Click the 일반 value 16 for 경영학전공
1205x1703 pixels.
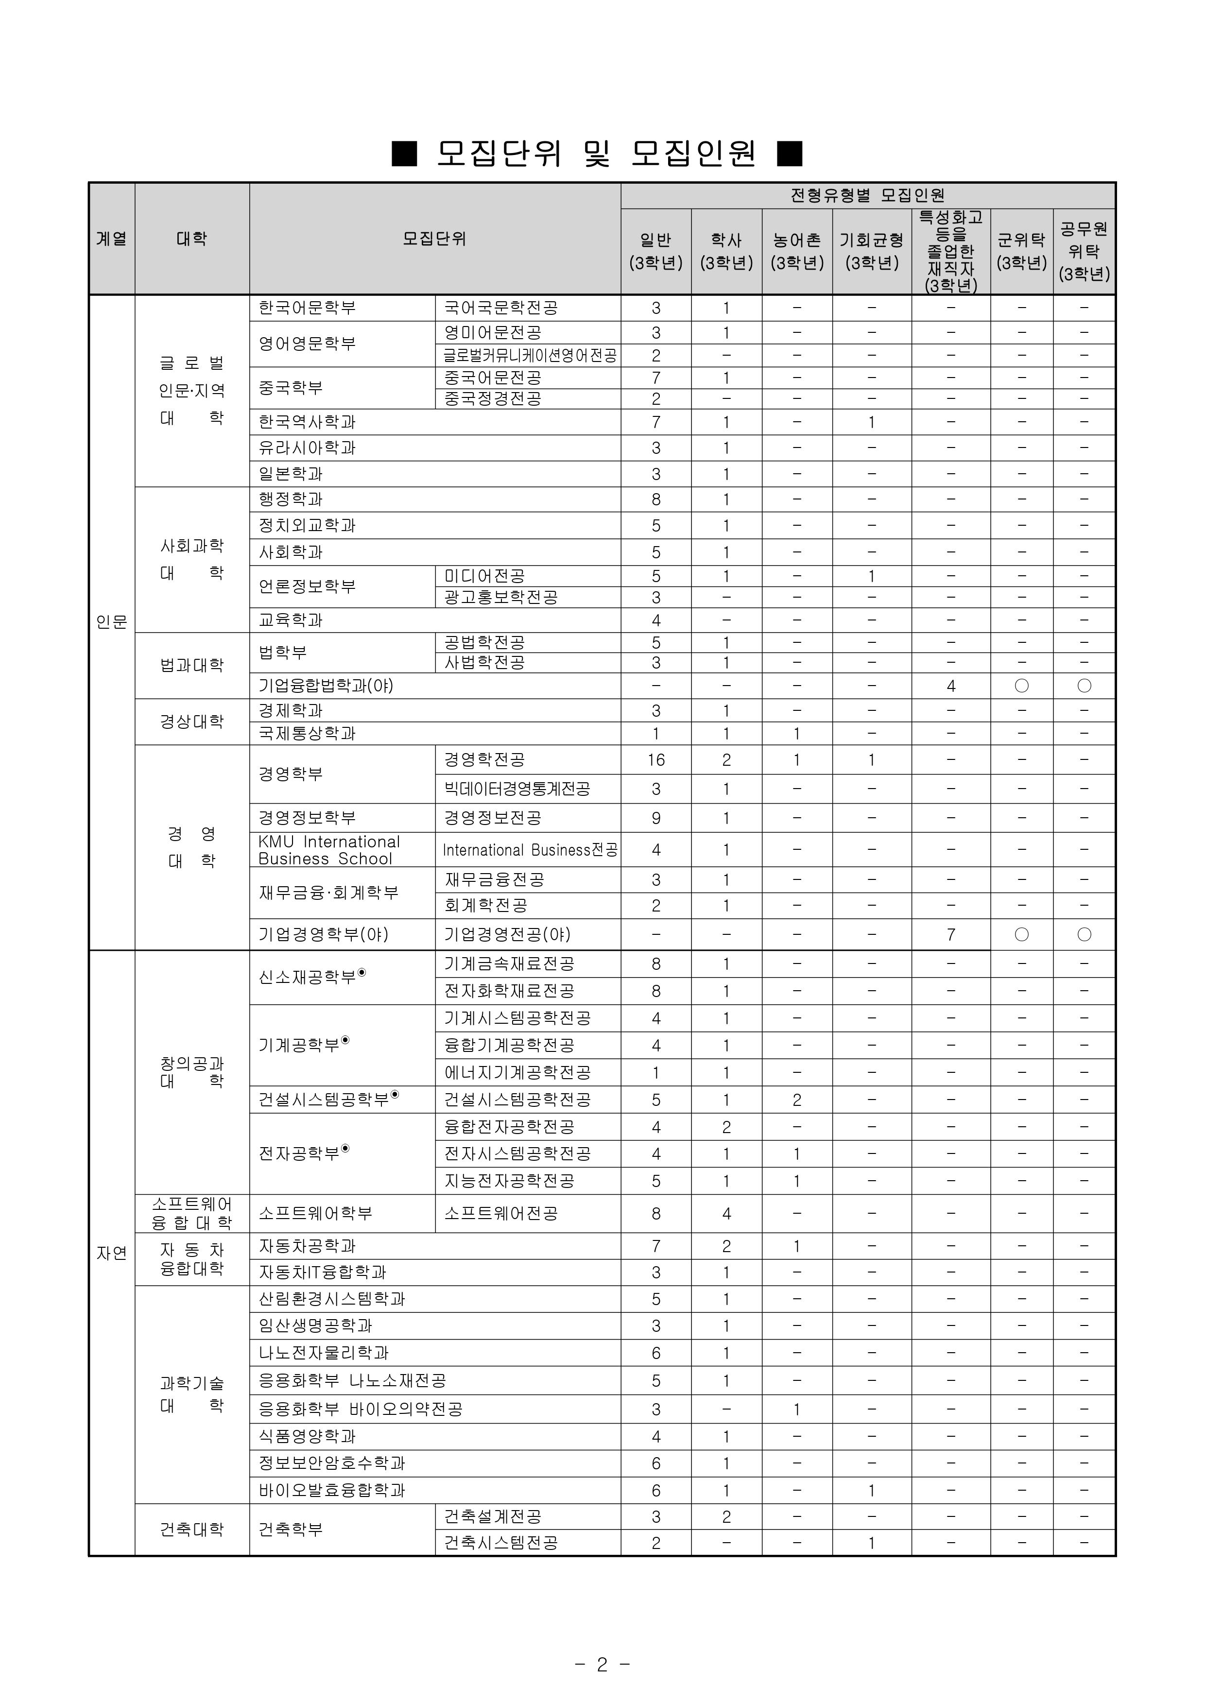pos(656,760)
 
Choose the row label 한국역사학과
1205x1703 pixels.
pos(307,422)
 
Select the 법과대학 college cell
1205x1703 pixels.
pos(191,665)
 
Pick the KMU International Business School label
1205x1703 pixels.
pos(329,850)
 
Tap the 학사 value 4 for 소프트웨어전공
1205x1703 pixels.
pos(726,1214)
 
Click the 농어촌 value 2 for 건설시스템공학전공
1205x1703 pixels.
pos(797,1101)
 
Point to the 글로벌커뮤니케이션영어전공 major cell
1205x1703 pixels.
pos(530,356)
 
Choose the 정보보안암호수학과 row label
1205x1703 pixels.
pos(332,1463)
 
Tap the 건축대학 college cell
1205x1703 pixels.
pos(191,1530)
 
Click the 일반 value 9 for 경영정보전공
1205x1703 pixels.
pos(656,819)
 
